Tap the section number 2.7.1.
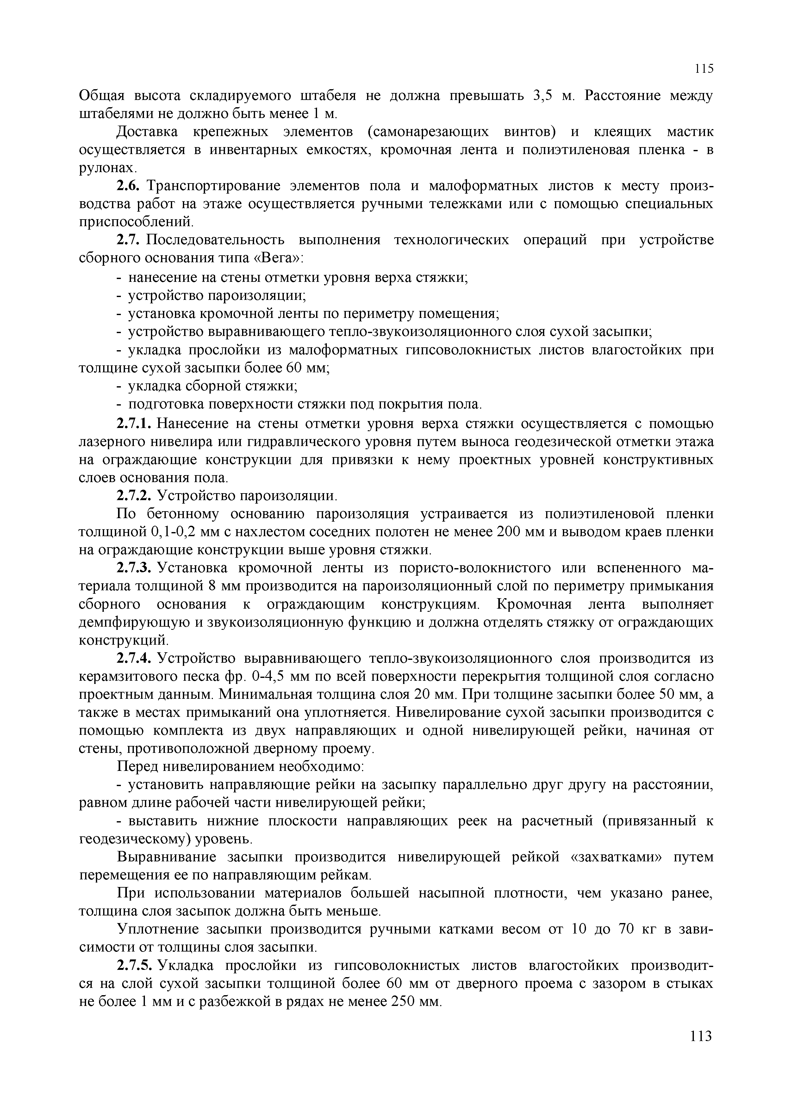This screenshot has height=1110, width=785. pos(135,424)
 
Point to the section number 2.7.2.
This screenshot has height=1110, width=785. pos(135,496)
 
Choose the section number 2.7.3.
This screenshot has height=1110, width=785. pos(135,568)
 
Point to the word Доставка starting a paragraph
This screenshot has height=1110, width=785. pos(147,132)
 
